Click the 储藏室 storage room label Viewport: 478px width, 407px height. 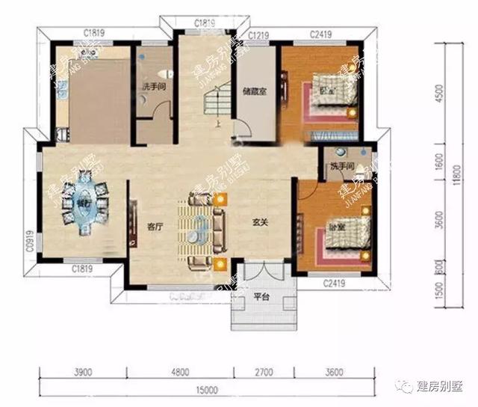pyautogui.click(x=252, y=94)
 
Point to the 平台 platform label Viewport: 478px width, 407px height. pyautogui.click(x=261, y=296)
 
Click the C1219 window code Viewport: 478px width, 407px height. pyautogui.click(x=258, y=35)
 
